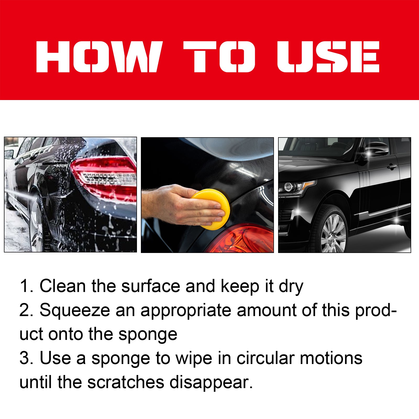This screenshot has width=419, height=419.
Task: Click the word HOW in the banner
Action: coord(98,57)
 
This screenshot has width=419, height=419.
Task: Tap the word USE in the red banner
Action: coord(328,57)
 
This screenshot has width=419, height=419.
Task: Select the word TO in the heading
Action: coord(219,57)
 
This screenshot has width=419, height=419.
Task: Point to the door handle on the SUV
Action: coord(392,167)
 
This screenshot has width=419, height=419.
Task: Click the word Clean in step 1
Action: coord(63,286)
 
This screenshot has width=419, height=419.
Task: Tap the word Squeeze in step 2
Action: coord(75,310)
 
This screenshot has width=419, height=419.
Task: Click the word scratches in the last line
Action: coord(126,382)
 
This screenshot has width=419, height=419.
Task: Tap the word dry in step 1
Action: coord(291,286)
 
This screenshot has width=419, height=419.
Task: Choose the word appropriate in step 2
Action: coord(186,311)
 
